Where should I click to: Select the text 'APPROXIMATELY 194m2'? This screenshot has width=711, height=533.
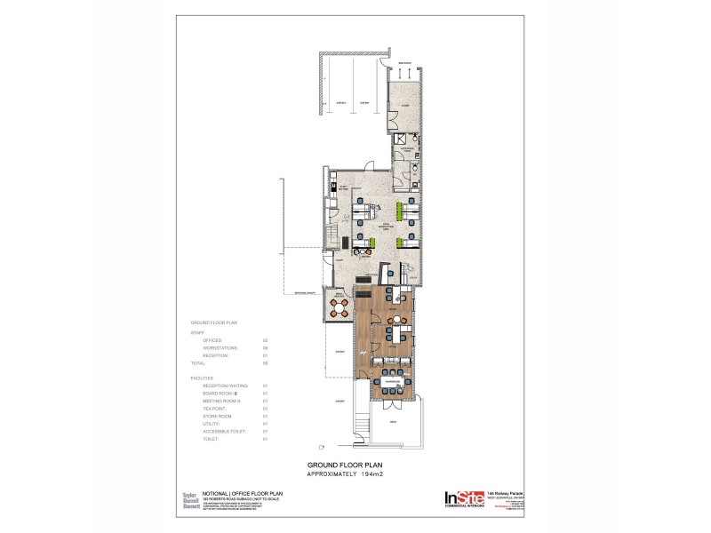pos(355,474)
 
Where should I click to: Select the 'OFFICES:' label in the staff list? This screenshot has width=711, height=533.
pos(214,340)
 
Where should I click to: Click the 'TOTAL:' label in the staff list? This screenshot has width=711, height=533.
pos(200,362)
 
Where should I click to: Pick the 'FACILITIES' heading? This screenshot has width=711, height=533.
pos(203,378)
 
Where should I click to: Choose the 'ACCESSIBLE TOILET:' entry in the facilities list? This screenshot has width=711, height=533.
pos(225,431)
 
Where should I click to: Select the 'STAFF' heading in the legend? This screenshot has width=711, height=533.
pos(197,332)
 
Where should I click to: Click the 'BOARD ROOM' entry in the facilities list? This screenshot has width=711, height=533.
pos(220,393)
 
